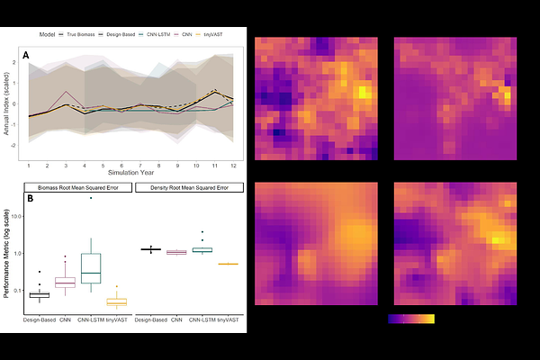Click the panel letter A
27,56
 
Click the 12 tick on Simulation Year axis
233,166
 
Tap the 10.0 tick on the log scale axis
15,218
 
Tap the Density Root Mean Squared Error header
190,188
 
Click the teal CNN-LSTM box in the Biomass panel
91,267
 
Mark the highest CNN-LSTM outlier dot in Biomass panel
91,198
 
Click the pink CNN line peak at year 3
65,92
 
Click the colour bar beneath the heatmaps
411,319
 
